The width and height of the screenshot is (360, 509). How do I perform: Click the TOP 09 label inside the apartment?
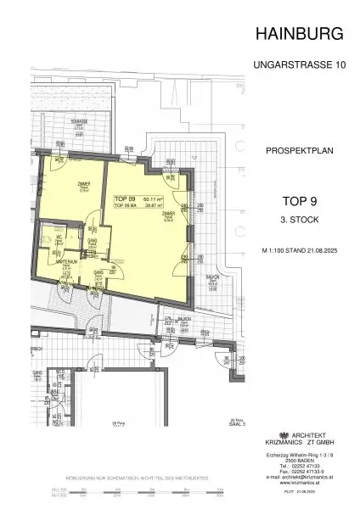pyautogui.click(x=124, y=198)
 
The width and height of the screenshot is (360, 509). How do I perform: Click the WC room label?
pyautogui.click(x=59, y=238)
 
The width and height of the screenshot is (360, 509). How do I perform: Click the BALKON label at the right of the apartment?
pyautogui.click(x=212, y=277)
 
